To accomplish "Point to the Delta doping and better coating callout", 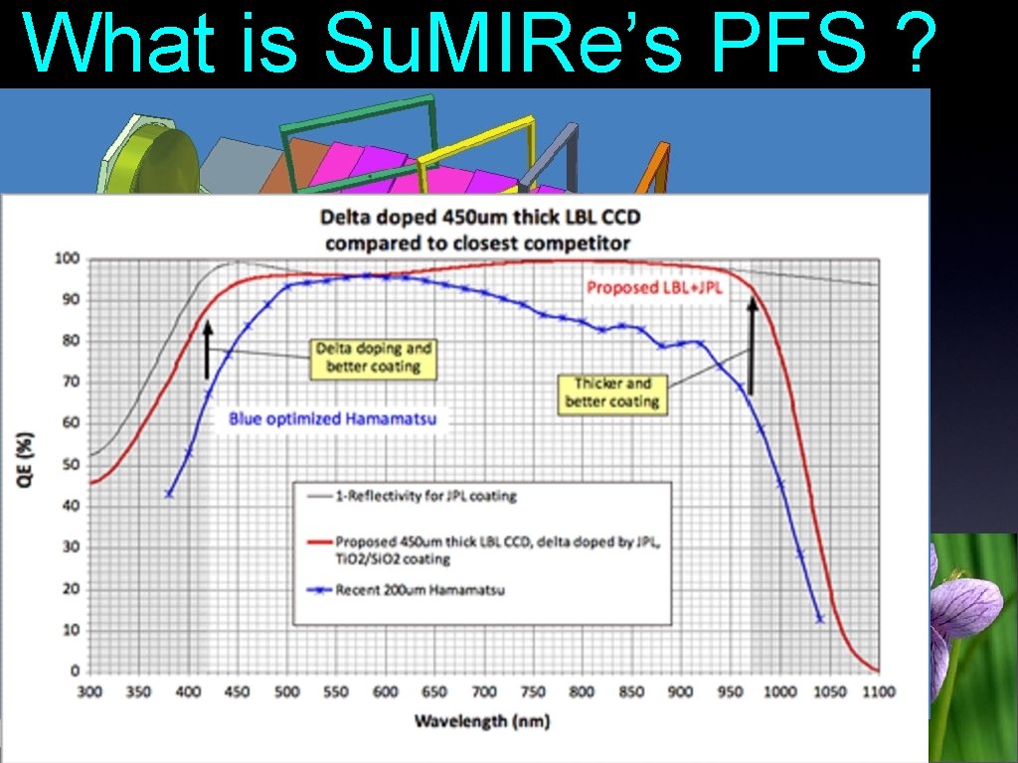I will pos(374,358).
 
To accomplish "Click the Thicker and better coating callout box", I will pos(611,392).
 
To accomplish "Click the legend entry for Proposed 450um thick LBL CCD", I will pos(497,549).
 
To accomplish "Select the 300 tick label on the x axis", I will pos(89,691).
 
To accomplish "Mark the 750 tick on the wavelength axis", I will pos(534,691).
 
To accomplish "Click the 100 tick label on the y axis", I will pos(68,258).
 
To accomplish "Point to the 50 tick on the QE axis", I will pos(71,465).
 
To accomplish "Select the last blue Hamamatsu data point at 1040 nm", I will pos(820,619).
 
